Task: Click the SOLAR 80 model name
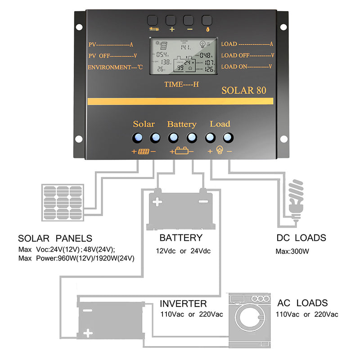point(243,90)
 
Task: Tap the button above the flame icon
point(207,20)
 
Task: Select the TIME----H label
point(181,84)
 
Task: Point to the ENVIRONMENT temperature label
point(115,67)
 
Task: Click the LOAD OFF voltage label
point(247,55)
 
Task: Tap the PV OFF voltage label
point(112,56)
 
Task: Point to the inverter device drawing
point(110,320)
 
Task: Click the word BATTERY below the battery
point(181,238)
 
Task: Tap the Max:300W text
point(292,251)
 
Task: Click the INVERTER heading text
point(183,304)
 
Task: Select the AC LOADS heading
point(302,303)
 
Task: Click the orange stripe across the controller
point(180,102)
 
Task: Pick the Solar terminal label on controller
point(144,124)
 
